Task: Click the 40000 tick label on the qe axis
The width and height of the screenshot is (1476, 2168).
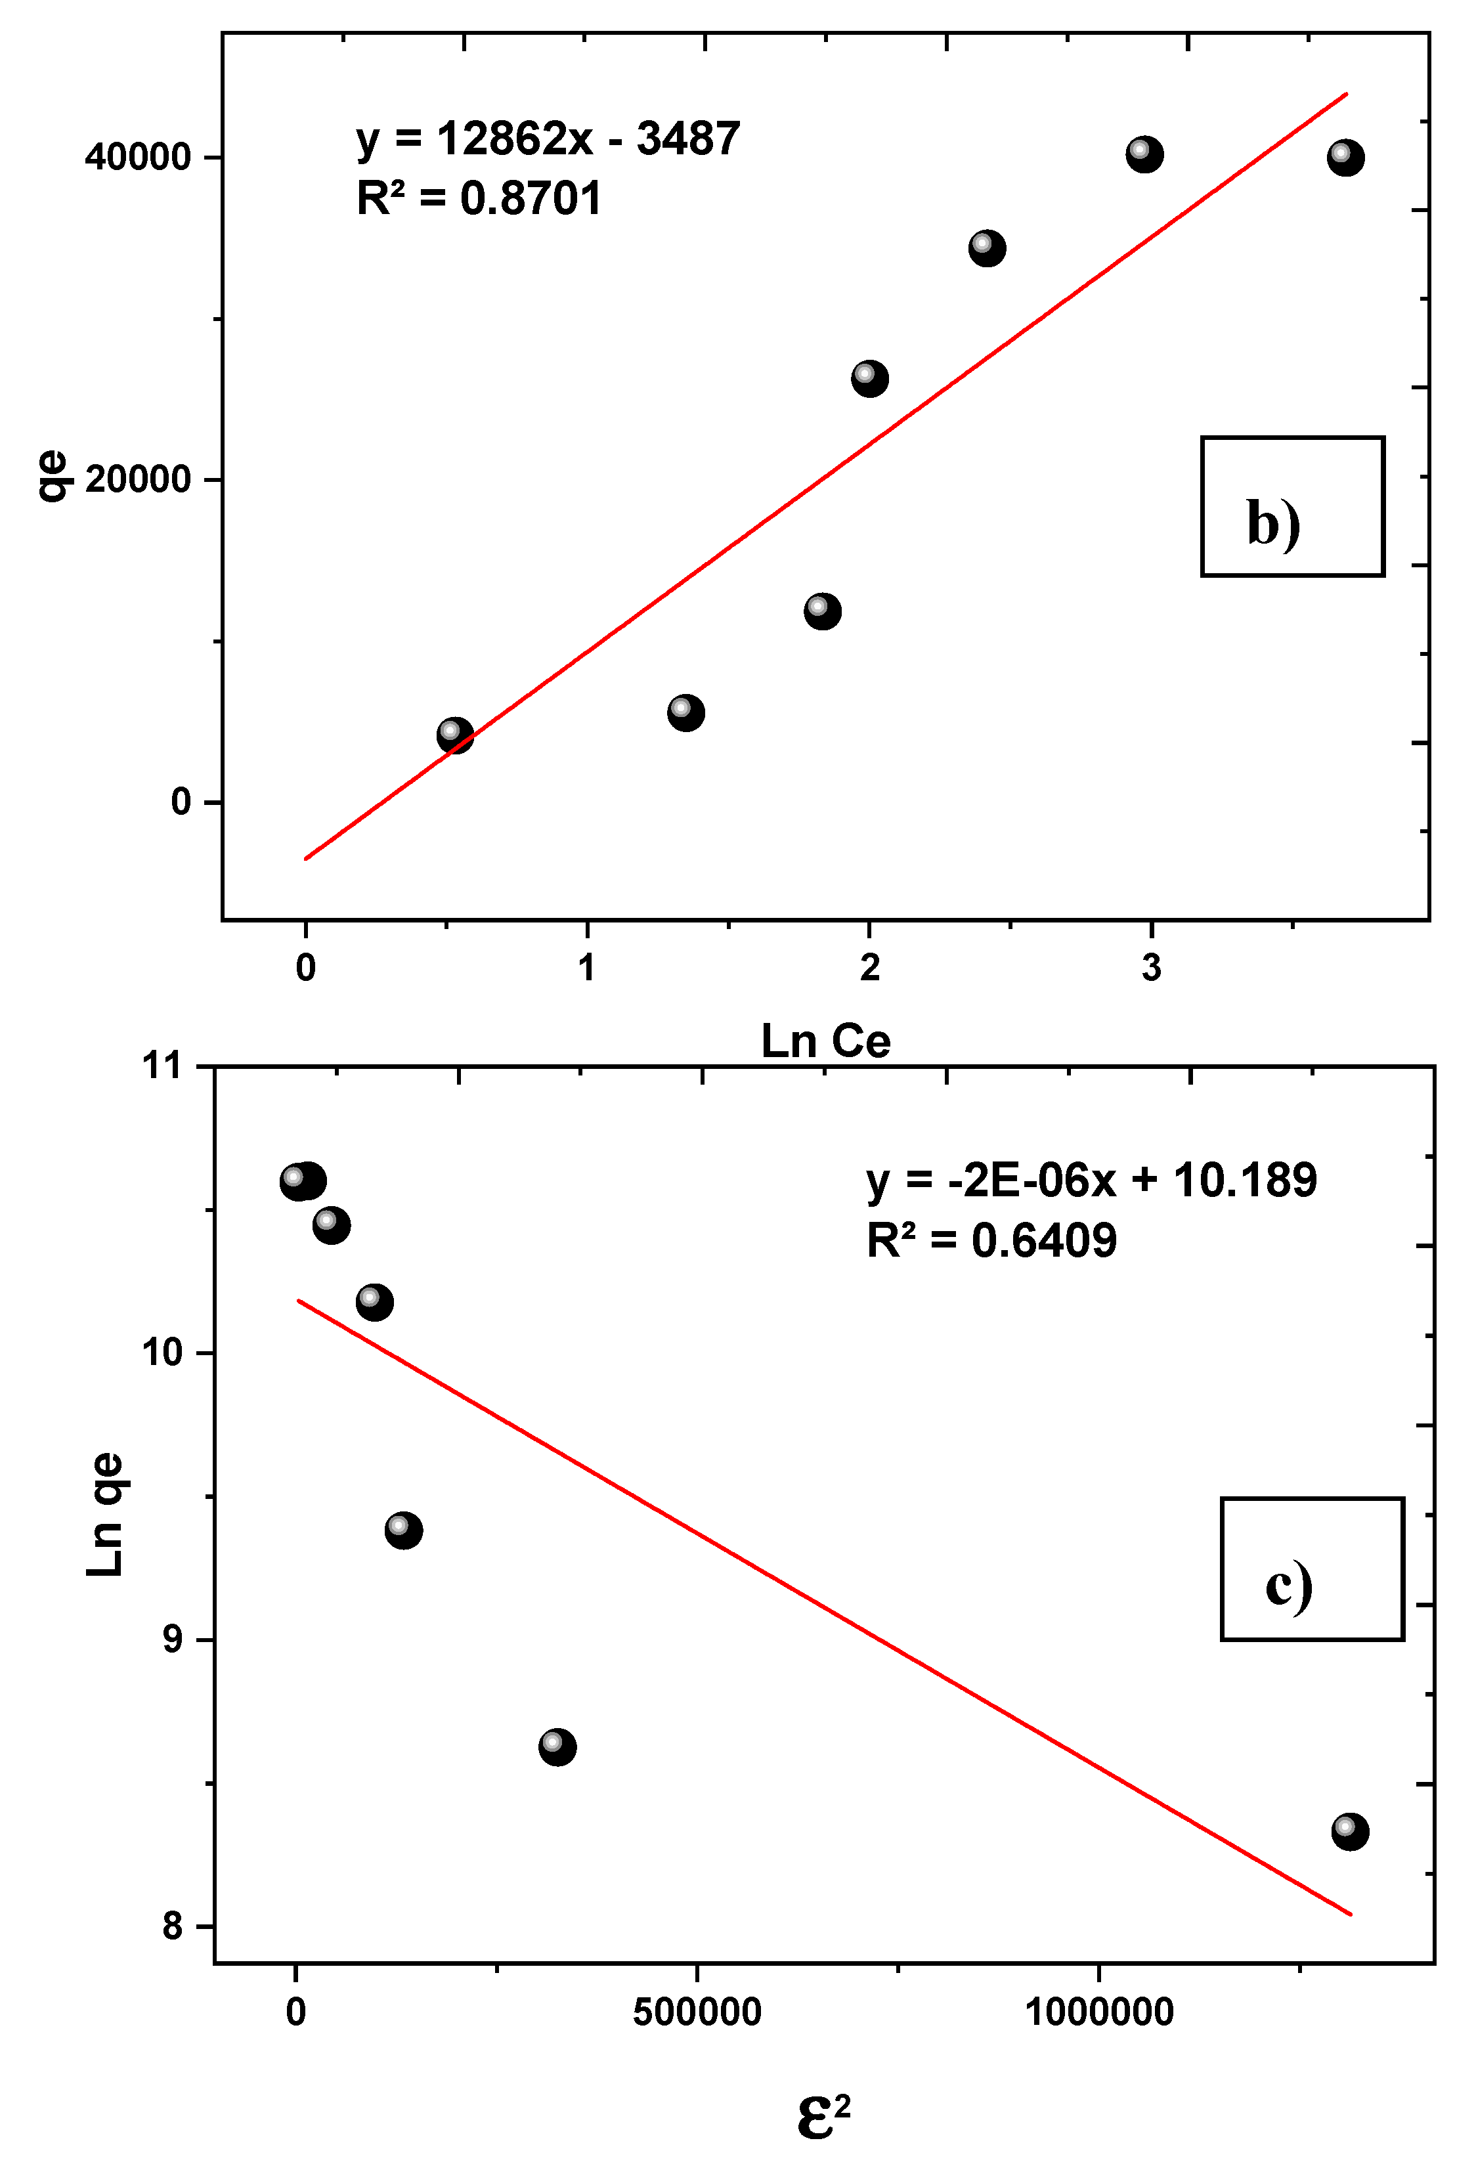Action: pyautogui.click(x=138, y=157)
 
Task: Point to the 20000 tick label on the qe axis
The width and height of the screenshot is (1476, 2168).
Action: pyautogui.click(x=138, y=479)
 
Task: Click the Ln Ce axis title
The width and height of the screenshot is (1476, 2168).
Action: pyautogui.click(x=826, y=1041)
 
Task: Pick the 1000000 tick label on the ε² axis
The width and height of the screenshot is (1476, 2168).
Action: pyautogui.click(x=1098, y=2012)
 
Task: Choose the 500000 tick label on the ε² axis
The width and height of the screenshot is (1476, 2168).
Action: pyautogui.click(x=697, y=2012)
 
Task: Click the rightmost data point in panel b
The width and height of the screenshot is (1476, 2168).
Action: pyautogui.click(x=1345, y=157)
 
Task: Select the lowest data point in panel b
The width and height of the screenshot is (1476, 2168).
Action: pyautogui.click(x=454, y=735)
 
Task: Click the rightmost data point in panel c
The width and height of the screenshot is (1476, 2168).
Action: pyautogui.click(x=1349, y=1831)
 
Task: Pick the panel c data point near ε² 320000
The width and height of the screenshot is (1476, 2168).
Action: pyautogui.click(x=557, y=1746)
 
